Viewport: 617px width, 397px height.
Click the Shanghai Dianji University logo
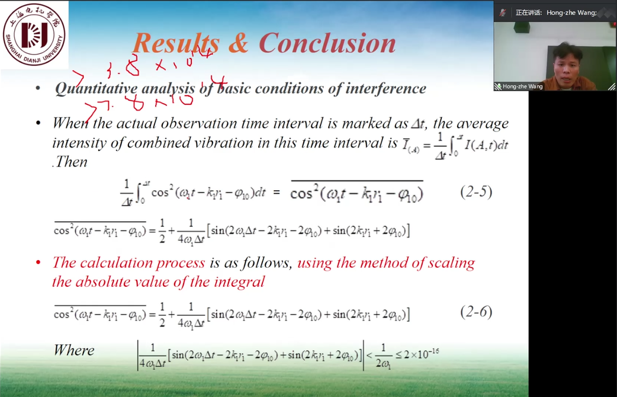[34, 34]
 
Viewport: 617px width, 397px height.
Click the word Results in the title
[175, 43]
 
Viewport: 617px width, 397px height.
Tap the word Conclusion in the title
[327, 43]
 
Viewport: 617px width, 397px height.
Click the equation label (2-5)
[475, 193]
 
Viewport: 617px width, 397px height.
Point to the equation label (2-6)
[475, 312]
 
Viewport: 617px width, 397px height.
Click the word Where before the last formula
[74, 350]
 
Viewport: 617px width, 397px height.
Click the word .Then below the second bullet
[69, 162]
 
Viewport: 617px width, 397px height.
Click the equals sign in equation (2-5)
[275, 193]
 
